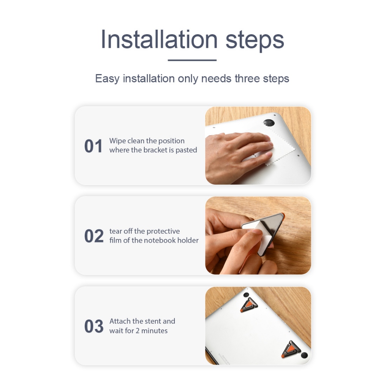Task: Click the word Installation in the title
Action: [159, 40]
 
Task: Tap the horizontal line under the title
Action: [192, 60]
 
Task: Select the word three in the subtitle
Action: [247, 78]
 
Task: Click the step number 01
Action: [93, 146]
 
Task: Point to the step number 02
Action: [94, 236]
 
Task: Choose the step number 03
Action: [94, 326]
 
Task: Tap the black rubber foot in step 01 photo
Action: [269, 123]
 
